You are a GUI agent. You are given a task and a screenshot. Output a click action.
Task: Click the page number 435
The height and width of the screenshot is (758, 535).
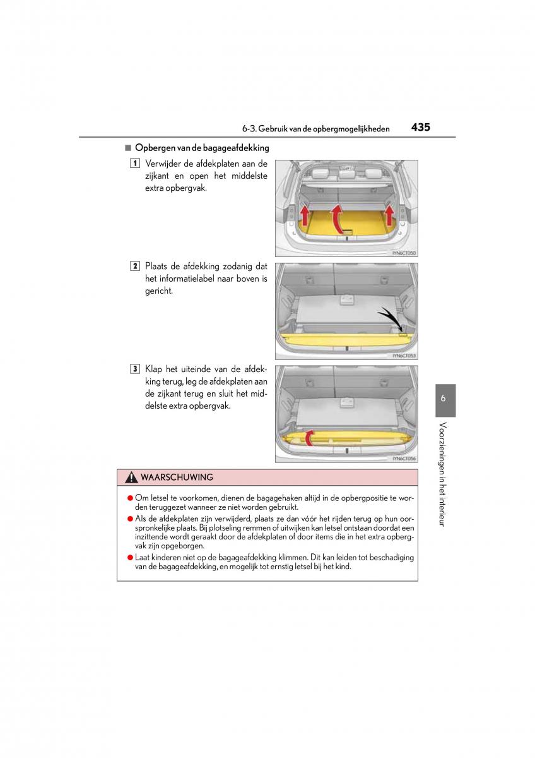420,127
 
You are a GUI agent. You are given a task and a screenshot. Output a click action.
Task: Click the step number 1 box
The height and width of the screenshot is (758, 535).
135,164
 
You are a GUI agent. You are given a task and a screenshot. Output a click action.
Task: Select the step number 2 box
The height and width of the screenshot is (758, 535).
135,266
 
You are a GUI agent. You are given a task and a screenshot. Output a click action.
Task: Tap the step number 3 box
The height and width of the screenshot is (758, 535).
135,368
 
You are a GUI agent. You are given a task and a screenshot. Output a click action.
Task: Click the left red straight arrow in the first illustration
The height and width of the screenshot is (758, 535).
305,215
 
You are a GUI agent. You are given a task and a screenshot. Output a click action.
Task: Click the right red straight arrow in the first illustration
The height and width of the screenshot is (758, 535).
389,215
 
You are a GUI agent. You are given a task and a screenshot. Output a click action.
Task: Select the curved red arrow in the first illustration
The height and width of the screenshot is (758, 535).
339,218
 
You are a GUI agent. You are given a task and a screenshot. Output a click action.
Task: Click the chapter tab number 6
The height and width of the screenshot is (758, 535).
444,399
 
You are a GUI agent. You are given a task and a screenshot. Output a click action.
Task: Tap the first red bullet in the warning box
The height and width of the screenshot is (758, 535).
130,498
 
